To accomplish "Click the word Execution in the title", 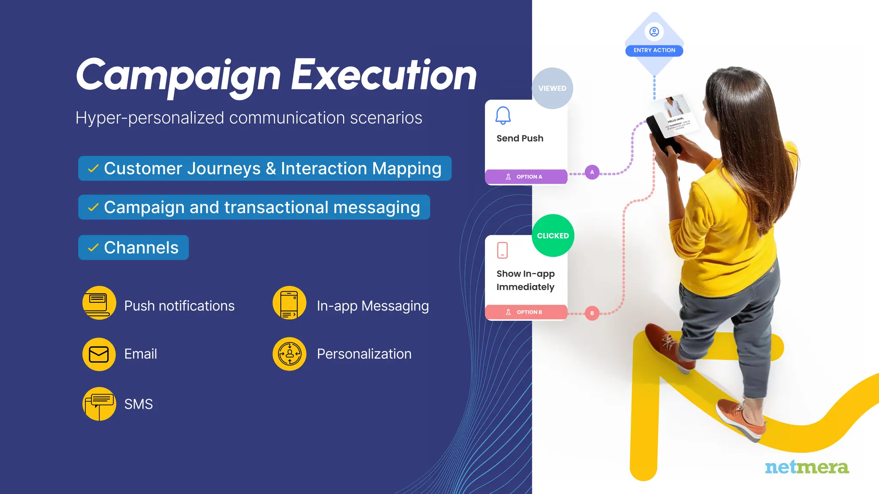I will point(384,75).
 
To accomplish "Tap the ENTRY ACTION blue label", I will point(654,51).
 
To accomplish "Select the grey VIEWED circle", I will point(552,88).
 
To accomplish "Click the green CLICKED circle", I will point(553,235).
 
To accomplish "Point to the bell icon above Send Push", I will point(503,115).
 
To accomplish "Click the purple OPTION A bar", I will point(526,177).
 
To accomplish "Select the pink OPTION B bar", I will point(526,312).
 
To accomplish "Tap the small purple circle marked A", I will point(592,172).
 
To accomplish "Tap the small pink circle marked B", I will point(592,313).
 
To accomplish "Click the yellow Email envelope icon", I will point(99,354).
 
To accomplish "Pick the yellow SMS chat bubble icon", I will point(99,404).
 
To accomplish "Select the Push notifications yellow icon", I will point(99,303).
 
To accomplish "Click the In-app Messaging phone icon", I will point(289,303).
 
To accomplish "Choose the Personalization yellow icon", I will point(289,354).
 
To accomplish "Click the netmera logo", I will point(806,467).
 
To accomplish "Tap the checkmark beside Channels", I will point(93,248).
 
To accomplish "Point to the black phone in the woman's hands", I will point(663,135).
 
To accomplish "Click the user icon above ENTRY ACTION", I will point(654,32).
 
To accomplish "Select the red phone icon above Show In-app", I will point(502,250).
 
